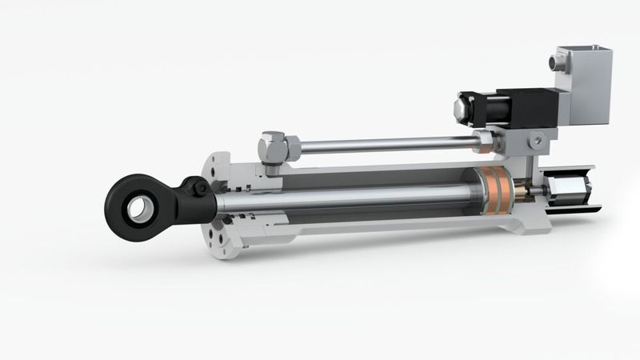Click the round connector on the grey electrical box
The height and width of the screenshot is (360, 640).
coord(558,61)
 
